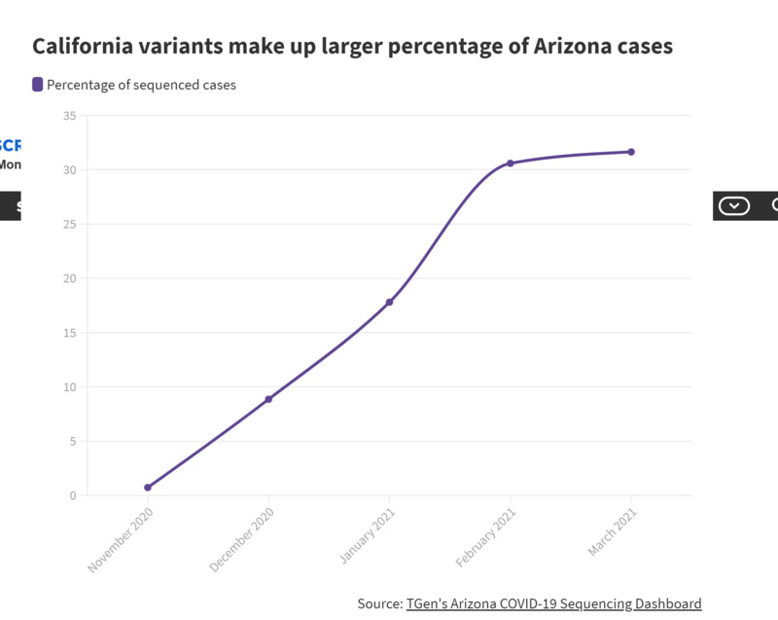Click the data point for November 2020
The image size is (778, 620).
148,488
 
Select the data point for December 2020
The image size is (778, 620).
268,399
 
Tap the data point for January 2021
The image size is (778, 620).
389,302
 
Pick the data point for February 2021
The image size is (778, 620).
510,163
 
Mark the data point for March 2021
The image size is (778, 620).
631,152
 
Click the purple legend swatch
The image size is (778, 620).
38,85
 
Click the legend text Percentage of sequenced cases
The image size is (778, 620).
141,85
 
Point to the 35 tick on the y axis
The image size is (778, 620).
69,116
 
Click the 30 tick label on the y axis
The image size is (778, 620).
69,170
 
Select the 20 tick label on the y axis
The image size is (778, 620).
69,278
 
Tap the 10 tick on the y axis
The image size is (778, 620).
69,387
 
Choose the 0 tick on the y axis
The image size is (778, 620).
72,495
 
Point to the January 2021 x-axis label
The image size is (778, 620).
365,538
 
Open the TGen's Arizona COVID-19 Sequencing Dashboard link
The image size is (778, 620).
553,603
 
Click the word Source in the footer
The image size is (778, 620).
378,603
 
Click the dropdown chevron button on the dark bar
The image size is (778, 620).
733,205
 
